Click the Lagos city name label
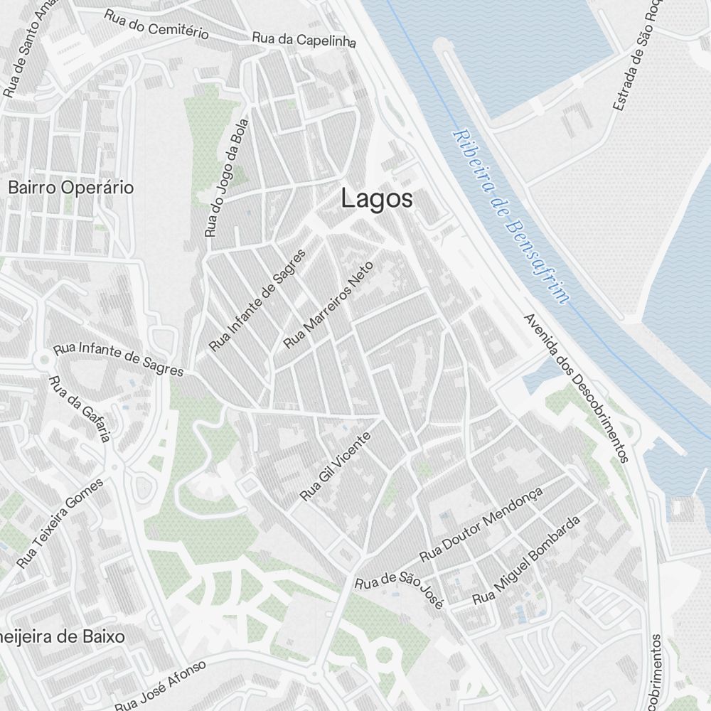point(376,199)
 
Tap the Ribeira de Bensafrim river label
point(511,217)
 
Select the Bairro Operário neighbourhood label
point(70,188)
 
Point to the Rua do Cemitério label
point(156,24)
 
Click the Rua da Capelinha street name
point(304,39)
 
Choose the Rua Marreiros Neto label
point(328,304)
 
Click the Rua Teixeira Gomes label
point(60,523)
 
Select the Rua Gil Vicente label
point(336,466)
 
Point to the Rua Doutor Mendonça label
point(481,523)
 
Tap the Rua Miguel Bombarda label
point(526,560)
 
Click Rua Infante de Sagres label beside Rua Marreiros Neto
point(257,300)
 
